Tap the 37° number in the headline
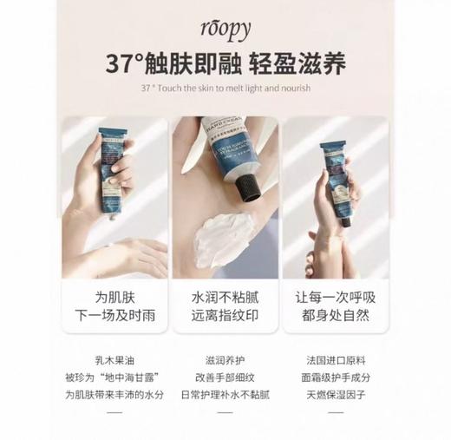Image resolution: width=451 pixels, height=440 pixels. [124, 64]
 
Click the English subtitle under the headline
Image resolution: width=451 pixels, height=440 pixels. [225, 89]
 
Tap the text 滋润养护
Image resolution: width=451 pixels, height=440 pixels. [225, 358]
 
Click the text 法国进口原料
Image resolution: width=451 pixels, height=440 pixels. [334, 358]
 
